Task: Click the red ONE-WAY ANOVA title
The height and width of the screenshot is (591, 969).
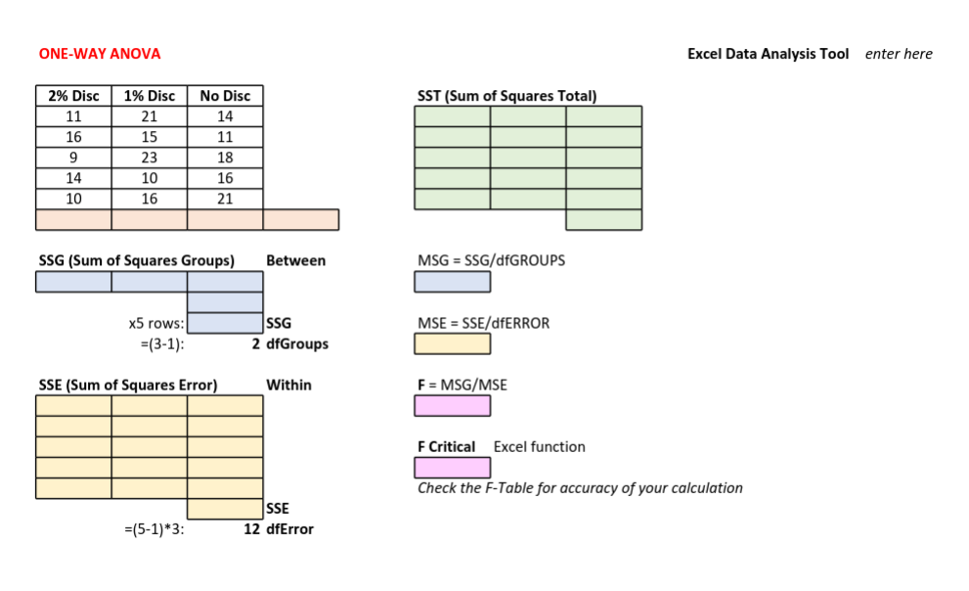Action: tap(100, 54)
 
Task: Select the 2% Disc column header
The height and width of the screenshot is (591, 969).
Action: tap(73, 96)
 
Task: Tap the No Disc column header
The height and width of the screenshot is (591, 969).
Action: tap(225, 96)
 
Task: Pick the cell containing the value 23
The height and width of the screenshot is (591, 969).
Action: tap(150, 158)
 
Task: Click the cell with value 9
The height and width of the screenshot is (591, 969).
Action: tap(73, 158)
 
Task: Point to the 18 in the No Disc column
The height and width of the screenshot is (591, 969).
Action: tap(225, 158)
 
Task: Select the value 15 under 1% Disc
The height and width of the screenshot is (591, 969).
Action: tap(150, 137)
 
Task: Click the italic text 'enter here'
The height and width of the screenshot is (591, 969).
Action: tap(899, 54)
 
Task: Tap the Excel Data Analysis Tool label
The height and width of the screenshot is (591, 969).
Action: tap(768, 54)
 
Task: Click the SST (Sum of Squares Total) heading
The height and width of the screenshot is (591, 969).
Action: tap(507, 96)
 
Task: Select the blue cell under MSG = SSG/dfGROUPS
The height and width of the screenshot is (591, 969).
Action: tap(453, 282)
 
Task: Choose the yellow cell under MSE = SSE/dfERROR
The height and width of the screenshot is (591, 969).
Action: tap(453, 343)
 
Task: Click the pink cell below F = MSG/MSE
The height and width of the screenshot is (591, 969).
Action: tap(453, 405)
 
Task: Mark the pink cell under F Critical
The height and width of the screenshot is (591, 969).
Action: tap(453, 468)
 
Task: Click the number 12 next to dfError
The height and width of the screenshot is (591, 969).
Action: tap(252, 529)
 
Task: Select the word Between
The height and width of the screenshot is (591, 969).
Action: tap(295, 261)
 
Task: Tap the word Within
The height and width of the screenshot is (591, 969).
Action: tap(288, 386)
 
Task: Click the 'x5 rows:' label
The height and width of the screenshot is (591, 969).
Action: tap(155, 324)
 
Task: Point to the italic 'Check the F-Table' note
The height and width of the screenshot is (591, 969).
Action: tap(580, 488)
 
